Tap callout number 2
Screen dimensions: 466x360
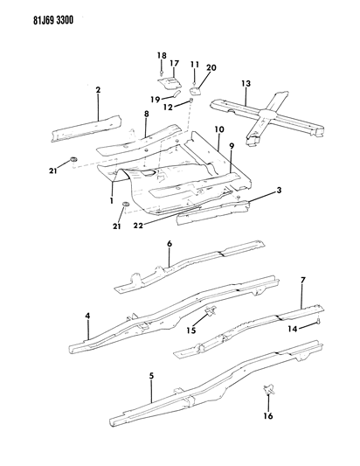[x=98, y=90]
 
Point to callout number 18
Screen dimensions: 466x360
[x=162, y=55]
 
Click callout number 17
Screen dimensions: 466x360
[x=174, y=63]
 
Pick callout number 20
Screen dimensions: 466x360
[x=211, y=68]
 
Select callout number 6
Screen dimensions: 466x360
[x=170, y=247]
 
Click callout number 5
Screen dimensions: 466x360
[x=152, y=378]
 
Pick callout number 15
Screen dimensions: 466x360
[x=190, y=329]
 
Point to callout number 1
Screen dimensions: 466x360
[x=112, y=200]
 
